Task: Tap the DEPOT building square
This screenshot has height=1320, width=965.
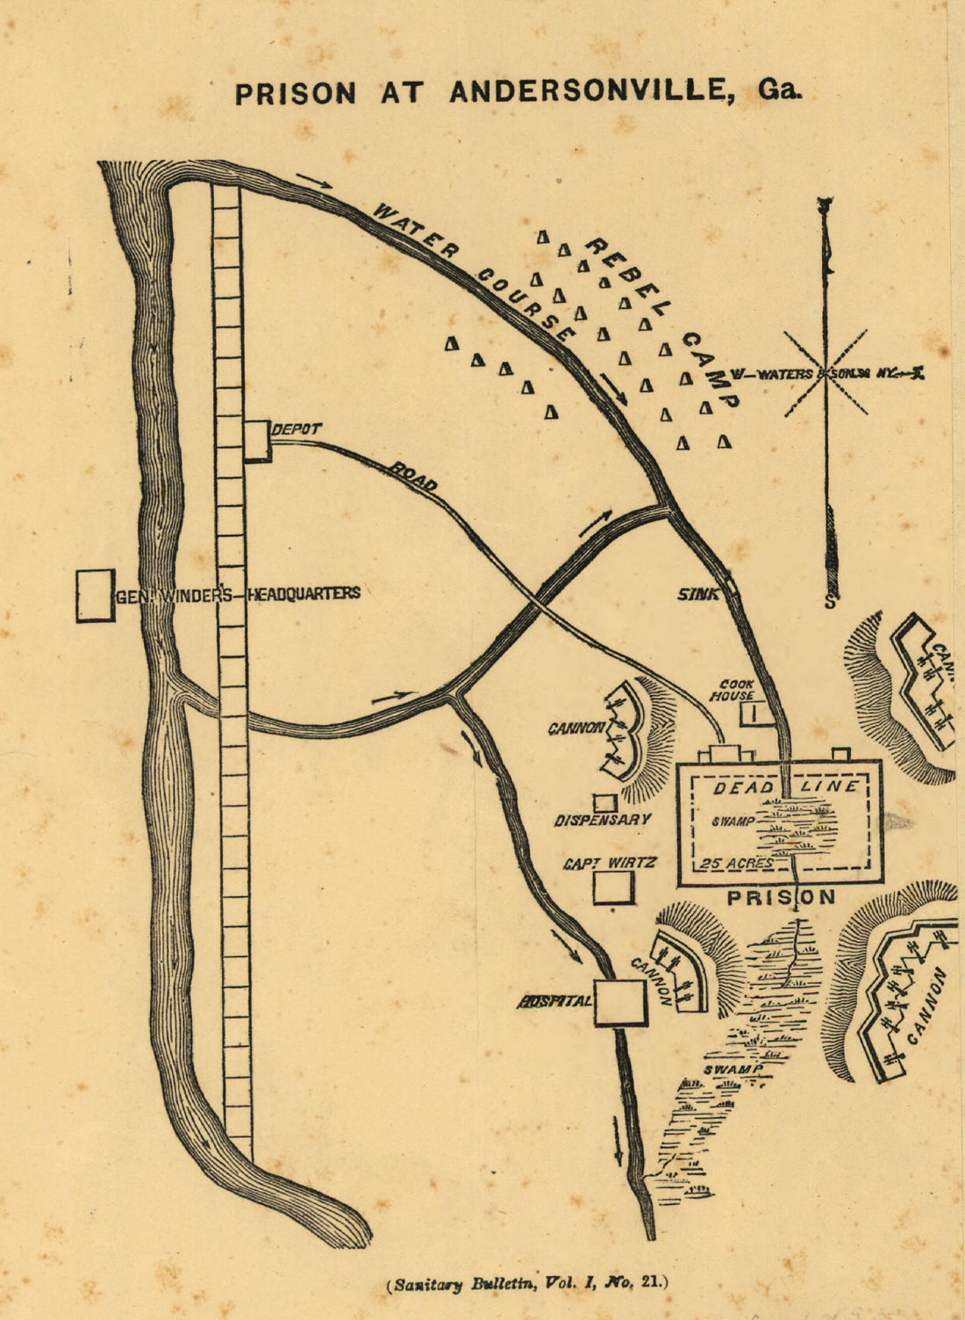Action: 257,441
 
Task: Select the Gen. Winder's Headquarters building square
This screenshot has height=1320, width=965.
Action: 95,596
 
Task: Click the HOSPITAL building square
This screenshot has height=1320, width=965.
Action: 620,1002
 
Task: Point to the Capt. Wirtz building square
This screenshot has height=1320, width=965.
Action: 613,887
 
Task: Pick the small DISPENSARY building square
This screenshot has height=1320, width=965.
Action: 604,803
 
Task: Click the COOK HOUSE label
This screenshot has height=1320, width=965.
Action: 737,690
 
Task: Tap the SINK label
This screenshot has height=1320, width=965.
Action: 697,594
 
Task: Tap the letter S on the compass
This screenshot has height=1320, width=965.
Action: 828,602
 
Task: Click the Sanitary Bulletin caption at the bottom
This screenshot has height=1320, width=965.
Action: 526,1283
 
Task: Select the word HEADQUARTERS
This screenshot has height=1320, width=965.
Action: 304,593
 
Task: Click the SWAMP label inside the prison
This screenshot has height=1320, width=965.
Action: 734,822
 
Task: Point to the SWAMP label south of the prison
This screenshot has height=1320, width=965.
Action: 732,1070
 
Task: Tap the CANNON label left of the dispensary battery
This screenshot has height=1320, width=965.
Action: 576,728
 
